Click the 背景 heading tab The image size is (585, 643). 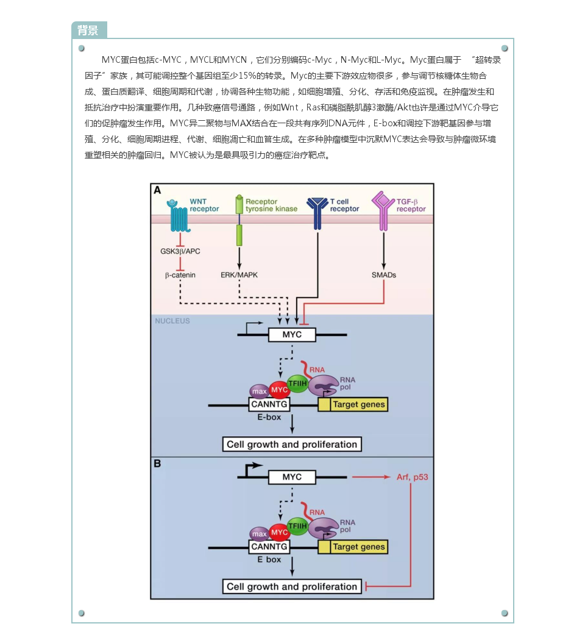point(89,31)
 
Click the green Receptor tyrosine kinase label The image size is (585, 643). point(271,205)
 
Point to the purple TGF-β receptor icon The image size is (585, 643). point(383,211)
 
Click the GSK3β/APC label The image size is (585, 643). point(180,251)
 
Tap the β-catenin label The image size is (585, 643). point(180,275)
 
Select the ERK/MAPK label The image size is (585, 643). point(239,275)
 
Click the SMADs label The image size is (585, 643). point(383,275)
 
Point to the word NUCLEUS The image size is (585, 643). point(172,321)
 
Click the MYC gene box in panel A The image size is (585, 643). point(292,335)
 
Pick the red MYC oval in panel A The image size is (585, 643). point(279,390)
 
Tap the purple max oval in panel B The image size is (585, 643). point(260,534)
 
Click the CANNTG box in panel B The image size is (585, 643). point(269,547)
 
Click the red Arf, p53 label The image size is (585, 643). point(412,477)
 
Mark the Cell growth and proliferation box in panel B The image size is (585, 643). point(292,587)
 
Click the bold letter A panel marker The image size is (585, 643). point(157,190)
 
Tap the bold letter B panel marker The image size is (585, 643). point(157,464)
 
